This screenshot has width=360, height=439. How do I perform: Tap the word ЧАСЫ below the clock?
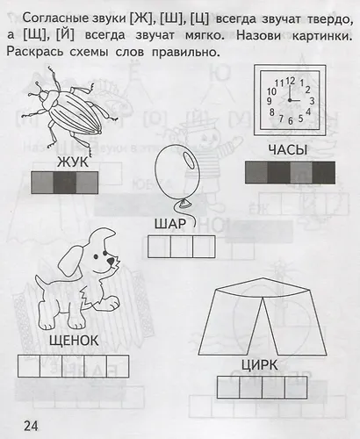pos(289,149)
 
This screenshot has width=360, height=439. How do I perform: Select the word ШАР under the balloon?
pos(170,223)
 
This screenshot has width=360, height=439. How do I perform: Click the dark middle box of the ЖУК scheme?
pos(66,182)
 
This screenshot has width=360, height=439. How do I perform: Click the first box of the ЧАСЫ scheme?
pos(255,171)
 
